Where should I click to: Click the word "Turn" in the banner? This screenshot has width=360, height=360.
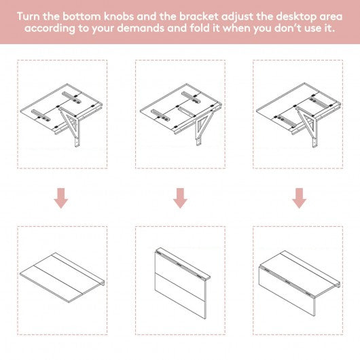click(x=29, y=16)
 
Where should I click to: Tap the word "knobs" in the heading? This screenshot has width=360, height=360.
click(x=118, y=16)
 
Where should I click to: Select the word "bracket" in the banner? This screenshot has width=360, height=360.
click(x=198, y=16)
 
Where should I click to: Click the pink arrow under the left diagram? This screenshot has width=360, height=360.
click(x=61, y=198)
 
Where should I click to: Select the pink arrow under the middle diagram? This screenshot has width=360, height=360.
click(x=180, y=198)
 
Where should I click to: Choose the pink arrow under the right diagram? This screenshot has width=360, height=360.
click(x=299, y=198)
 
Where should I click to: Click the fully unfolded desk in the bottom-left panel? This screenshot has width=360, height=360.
click(x=62, y=277)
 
